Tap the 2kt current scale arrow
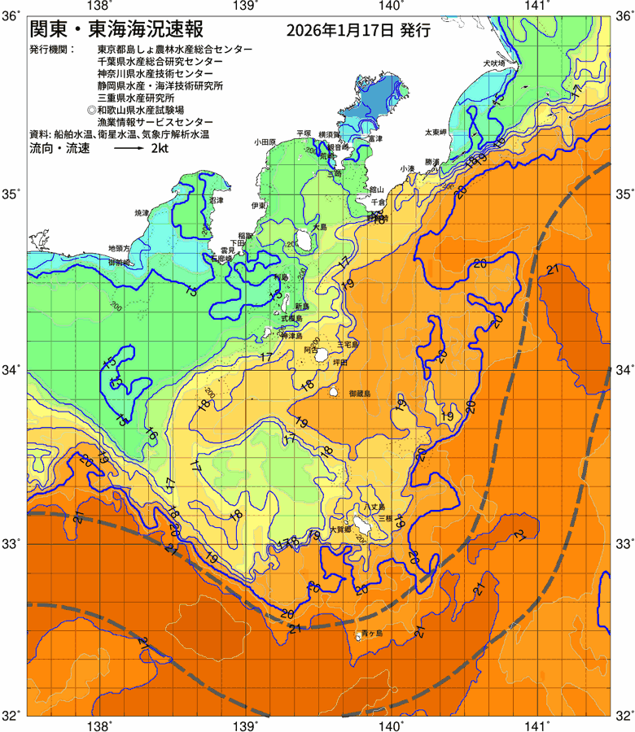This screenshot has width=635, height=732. click(x=129, y=150)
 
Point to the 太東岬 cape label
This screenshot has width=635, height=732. click(x=435, y=132)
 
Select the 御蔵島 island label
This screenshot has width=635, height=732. click(x=359, y=394)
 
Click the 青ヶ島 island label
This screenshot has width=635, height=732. click(x=374, y=633)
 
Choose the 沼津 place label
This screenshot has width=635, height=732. click(x=217, y=199)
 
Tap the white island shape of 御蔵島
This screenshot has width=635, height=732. click(x=334, y=393)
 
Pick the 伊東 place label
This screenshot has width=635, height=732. click(x=258, y=206)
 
